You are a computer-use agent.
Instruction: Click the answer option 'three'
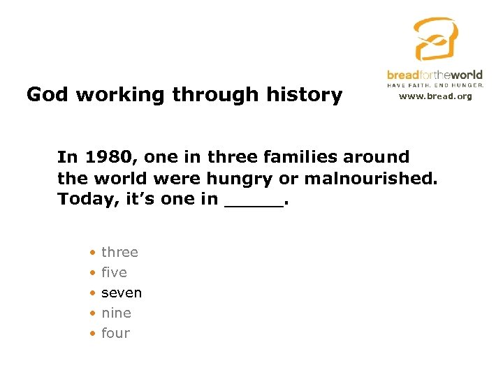[119, 252]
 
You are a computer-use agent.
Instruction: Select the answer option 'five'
[114, 272]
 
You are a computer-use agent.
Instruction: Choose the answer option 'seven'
[122, 293]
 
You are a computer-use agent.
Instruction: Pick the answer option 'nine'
[116, 313]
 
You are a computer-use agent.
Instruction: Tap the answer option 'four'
[115, 333]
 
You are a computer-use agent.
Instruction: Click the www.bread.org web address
[435, 96]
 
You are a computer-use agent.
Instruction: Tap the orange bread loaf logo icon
[435, 39]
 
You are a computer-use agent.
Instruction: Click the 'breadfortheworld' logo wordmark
[435, 75]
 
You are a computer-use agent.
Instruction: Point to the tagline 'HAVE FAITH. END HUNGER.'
[435, 84]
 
